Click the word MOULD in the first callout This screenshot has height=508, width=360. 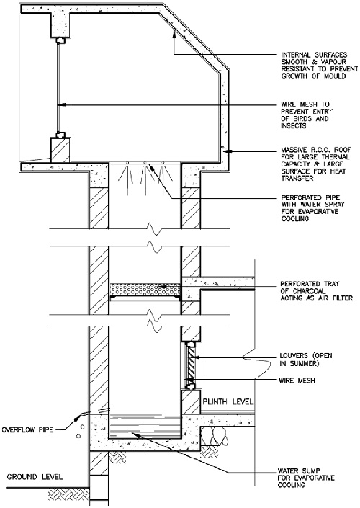pyautogui.click(x=333, y=76)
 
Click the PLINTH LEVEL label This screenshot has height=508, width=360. pyautogui.click(x=228, y=402)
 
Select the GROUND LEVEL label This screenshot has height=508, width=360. pyautogui.click(x=35, y=477)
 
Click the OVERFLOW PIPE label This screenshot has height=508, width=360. pyautogui.click(x=27, y=430)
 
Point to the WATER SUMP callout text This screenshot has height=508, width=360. pyautogui.click(x=306, y=478)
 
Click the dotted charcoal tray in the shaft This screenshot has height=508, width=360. pyautogui.click(x=145, y=290)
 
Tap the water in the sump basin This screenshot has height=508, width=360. pyautogui.click(x=145, y=426)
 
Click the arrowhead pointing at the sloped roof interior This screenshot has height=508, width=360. pyautogui.click(x=174, y=32)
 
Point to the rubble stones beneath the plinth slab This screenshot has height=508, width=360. pyautogui.click(x=215, y=436)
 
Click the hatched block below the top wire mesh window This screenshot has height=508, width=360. pyautogui.click(x=60, y=150)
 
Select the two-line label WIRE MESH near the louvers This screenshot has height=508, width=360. pyautogui.click(x=297, y=380)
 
